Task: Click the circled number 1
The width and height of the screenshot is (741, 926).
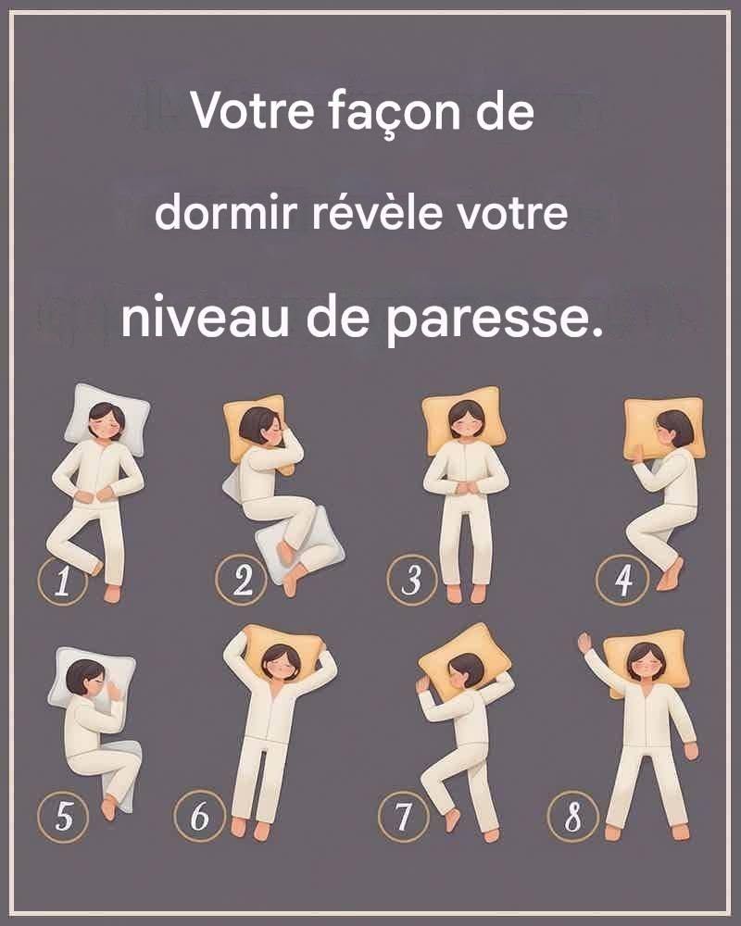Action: (x=63, y=581)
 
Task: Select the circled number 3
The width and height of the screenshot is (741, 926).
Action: (x=412, y=580)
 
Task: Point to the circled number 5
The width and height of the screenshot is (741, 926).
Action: (x=63, y=817)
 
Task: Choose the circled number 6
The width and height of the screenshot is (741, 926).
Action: (x=200, y=817)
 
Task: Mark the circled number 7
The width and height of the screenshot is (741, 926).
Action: (x=404, y=817)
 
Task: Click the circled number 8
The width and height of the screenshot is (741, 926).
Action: (x=573, y=817)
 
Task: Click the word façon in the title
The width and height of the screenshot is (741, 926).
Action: (x=395, y=113)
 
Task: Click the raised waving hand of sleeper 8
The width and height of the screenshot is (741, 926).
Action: (x=585, y=643)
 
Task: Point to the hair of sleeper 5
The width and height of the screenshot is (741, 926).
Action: (x=83, y=676)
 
